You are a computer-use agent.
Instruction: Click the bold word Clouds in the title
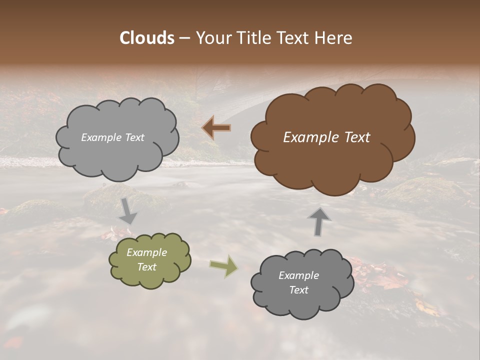[x=146, y=38]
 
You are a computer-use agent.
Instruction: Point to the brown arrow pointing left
[x=216, y=128]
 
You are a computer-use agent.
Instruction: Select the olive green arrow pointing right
[x=223, y=265]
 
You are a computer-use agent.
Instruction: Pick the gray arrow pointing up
[x=319, y=221]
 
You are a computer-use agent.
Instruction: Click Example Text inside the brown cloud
[x=326, y=137]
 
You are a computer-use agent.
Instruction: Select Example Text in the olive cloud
[x=147, y=259]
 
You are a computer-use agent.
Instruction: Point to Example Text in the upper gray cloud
[x=112, y=137]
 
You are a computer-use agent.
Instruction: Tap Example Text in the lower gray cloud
[x=298, y=282]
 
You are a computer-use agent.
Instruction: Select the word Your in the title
[x=209, y=38]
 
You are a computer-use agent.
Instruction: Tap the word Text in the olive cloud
[x=147, y=267]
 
